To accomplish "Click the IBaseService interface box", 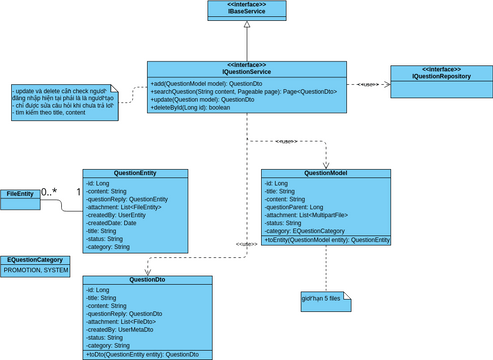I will (244, 11).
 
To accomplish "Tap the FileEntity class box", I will (20, 193).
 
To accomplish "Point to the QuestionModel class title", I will (325, 172).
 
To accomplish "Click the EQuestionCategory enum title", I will (38, 259).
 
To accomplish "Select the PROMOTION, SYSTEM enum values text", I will (36, 270).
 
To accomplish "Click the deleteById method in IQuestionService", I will (191, 108).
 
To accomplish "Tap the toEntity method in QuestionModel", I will (327, 240).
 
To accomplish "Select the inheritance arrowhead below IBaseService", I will (244, 29).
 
